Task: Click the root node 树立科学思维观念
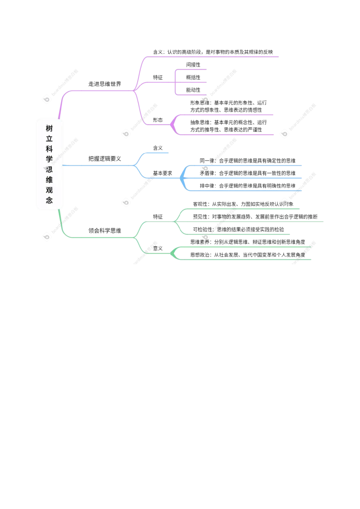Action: [49, 164]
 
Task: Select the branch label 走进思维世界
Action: [104, 84]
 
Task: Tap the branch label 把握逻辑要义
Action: [104, 159]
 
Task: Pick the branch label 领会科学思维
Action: [104, 231]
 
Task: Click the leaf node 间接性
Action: [193, 65]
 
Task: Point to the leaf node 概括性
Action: [193, 78]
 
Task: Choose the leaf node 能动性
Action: [193, 90]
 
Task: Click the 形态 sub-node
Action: [158, 120]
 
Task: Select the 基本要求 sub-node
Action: [162, 174]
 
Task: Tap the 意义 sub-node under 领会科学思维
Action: [158, 249]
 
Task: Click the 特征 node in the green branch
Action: [158, 217]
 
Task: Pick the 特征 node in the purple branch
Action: [158, 78]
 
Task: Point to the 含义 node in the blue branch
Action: [158, 148]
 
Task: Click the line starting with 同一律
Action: [247, 161]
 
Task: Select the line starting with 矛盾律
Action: [247, 174]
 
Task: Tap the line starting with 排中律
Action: [247, 186]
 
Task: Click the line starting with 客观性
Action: [243, 204]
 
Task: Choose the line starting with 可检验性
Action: [238, 229]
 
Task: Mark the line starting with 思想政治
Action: [247, 255]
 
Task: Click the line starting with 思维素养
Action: [247, 242]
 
